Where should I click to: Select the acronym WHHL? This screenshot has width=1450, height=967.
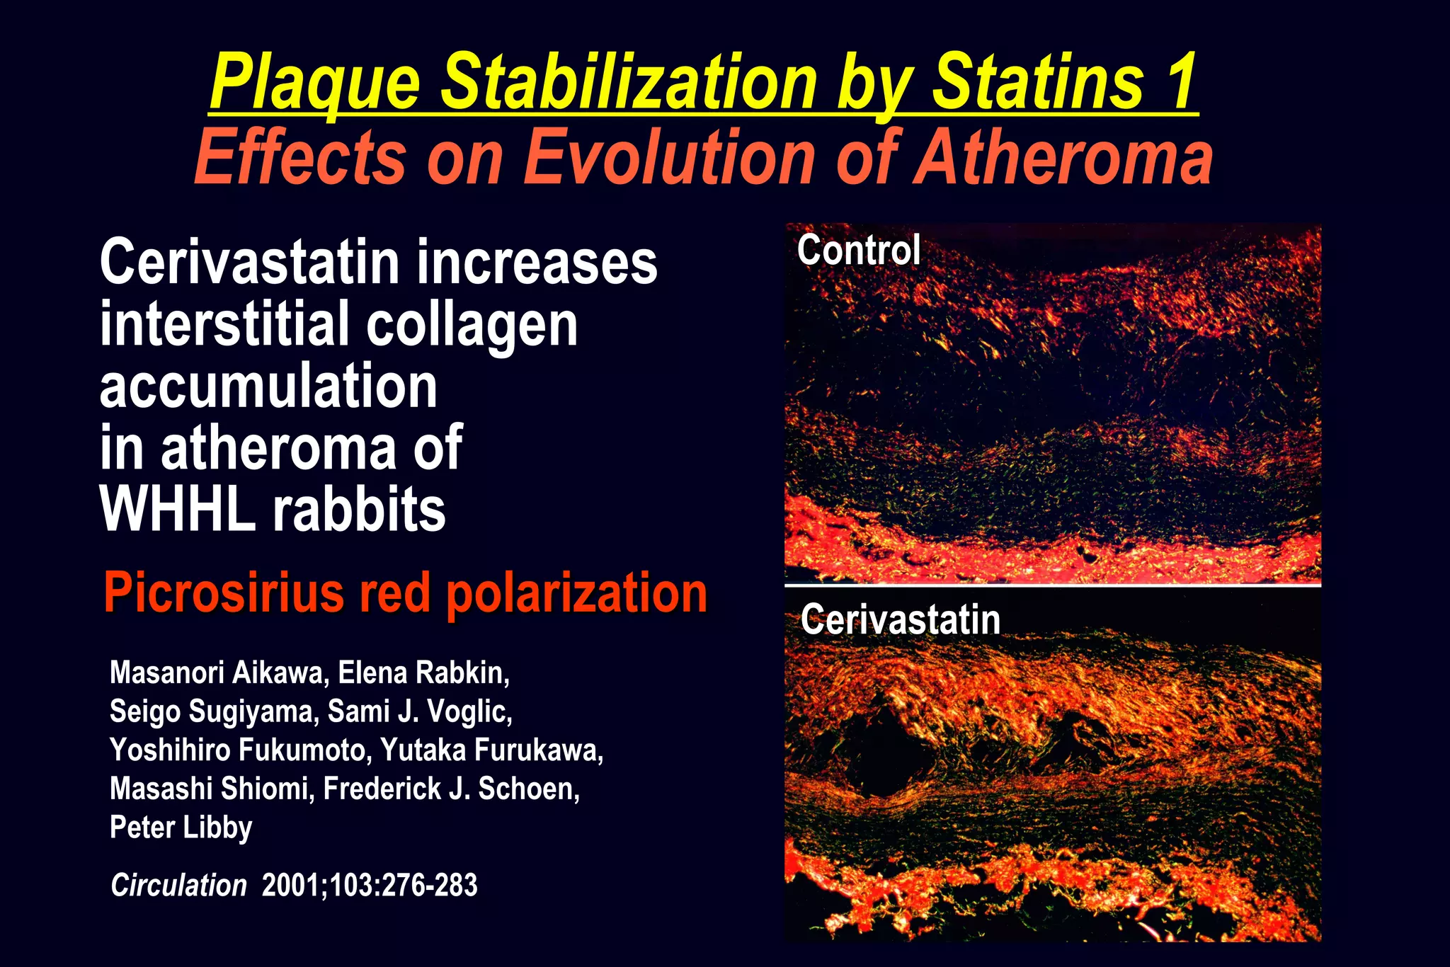(x=177, y=509)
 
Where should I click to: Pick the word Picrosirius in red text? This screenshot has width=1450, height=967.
(x=223, y=593)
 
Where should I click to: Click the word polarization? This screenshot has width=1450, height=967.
(x=576, y=594)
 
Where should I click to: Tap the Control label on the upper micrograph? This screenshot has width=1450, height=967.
(x=858, y=250)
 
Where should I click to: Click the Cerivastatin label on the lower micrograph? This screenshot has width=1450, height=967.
(x=901, y=619)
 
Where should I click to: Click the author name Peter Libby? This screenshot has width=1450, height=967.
(x=181, y=828)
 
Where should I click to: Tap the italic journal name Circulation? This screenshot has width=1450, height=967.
(x=178, y=886)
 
